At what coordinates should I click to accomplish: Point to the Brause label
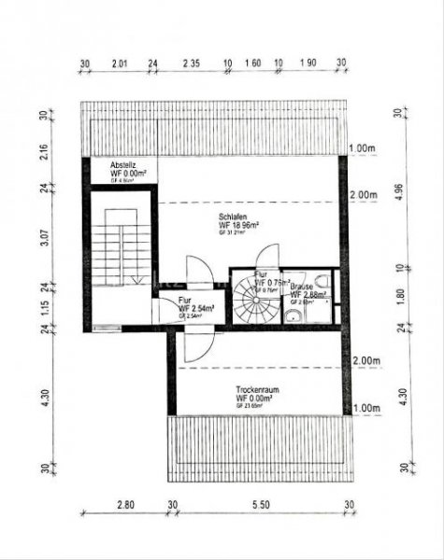(301, 286)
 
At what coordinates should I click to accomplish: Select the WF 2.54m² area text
(196, 307)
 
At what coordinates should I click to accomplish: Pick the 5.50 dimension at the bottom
(261, 504)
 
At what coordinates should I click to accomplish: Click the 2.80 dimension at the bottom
(124, 504)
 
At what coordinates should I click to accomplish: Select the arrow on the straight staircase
(137, 279)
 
